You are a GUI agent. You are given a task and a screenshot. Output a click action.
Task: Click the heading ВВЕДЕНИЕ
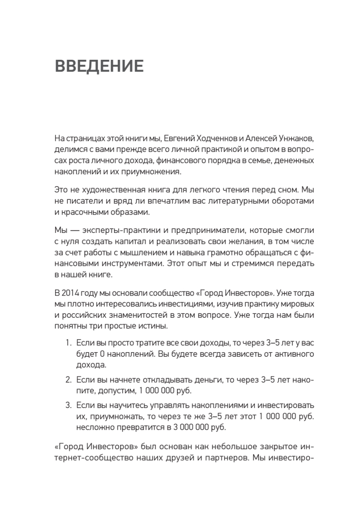pos(99,67)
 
